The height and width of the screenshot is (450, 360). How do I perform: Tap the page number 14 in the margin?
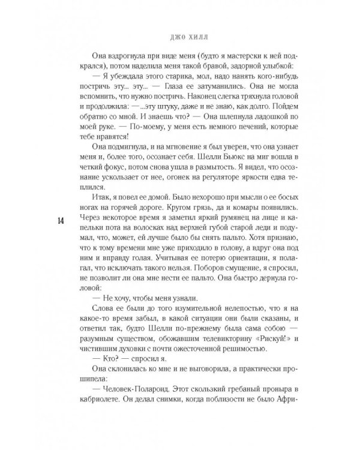(62, 220)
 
